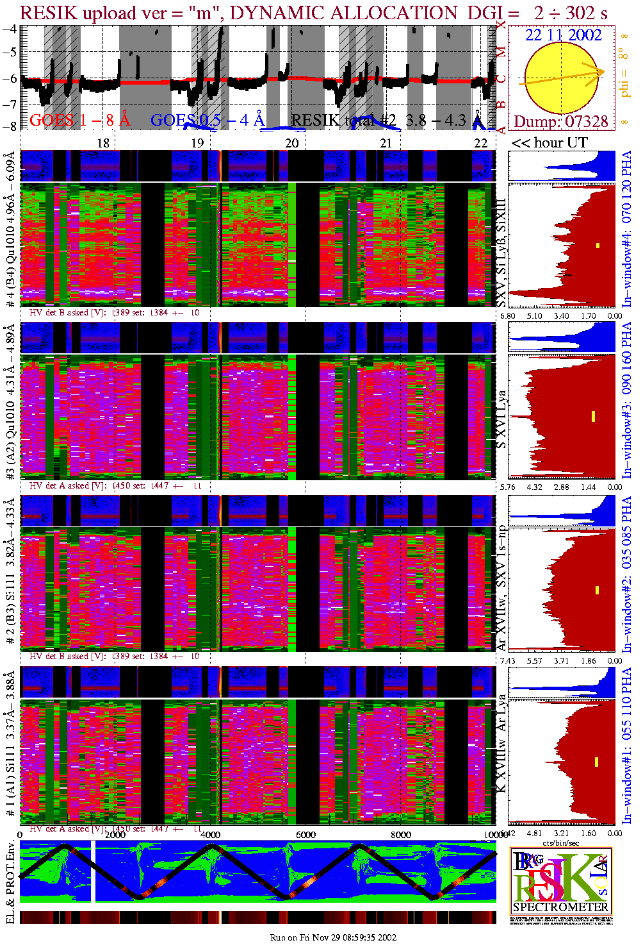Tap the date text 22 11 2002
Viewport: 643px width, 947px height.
[563, 35]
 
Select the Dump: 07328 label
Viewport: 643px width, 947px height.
[560, 122]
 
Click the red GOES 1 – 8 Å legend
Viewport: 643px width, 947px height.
[79, 120]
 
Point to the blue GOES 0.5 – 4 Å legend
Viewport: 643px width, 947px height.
[207, 120]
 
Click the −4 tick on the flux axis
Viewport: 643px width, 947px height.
[12, 29]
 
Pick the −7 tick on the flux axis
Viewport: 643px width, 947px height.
[12, 103]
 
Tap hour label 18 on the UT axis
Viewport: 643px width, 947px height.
[103, 143]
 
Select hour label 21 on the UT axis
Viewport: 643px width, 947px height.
[386, 143]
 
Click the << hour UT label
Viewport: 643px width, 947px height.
[549, 143]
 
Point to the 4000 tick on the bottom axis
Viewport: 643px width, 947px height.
[210, 835]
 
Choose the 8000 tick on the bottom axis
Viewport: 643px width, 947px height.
[401, 835]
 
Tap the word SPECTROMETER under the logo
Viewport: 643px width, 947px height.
[560, 907]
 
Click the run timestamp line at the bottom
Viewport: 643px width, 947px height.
[333, 937]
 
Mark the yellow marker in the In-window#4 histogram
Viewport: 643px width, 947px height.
[598, 245]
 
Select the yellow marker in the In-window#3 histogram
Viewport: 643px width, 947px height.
[594, 416]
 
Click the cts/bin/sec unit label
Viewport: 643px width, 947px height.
[560, 842]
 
